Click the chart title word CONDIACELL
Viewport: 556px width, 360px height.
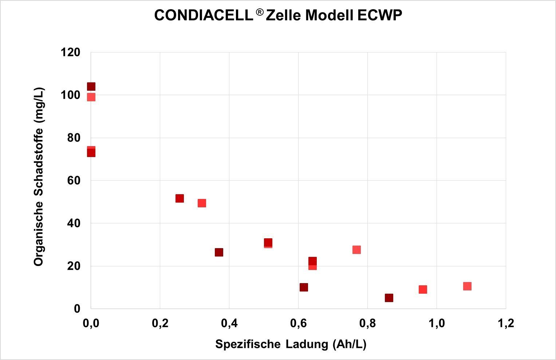(x=203, y=16)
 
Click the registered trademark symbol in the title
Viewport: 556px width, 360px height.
(x=259, y=12)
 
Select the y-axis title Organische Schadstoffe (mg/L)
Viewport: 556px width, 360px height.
(x=39, y=177)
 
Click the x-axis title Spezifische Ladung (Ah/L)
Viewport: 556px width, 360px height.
(x=291, y=344)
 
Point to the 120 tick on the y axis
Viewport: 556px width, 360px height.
(x=71, y=52)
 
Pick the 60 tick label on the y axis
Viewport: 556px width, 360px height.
(x=74, y=181)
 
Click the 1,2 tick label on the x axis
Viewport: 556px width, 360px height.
(x=505, y=323)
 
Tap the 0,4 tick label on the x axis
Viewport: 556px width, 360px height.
(x=229, y=323)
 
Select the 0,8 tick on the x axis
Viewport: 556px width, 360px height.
(x=367, y=323)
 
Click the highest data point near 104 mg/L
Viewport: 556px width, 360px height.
(x=91, y=87)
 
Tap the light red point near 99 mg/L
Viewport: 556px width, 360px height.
(x=91, y=97)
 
